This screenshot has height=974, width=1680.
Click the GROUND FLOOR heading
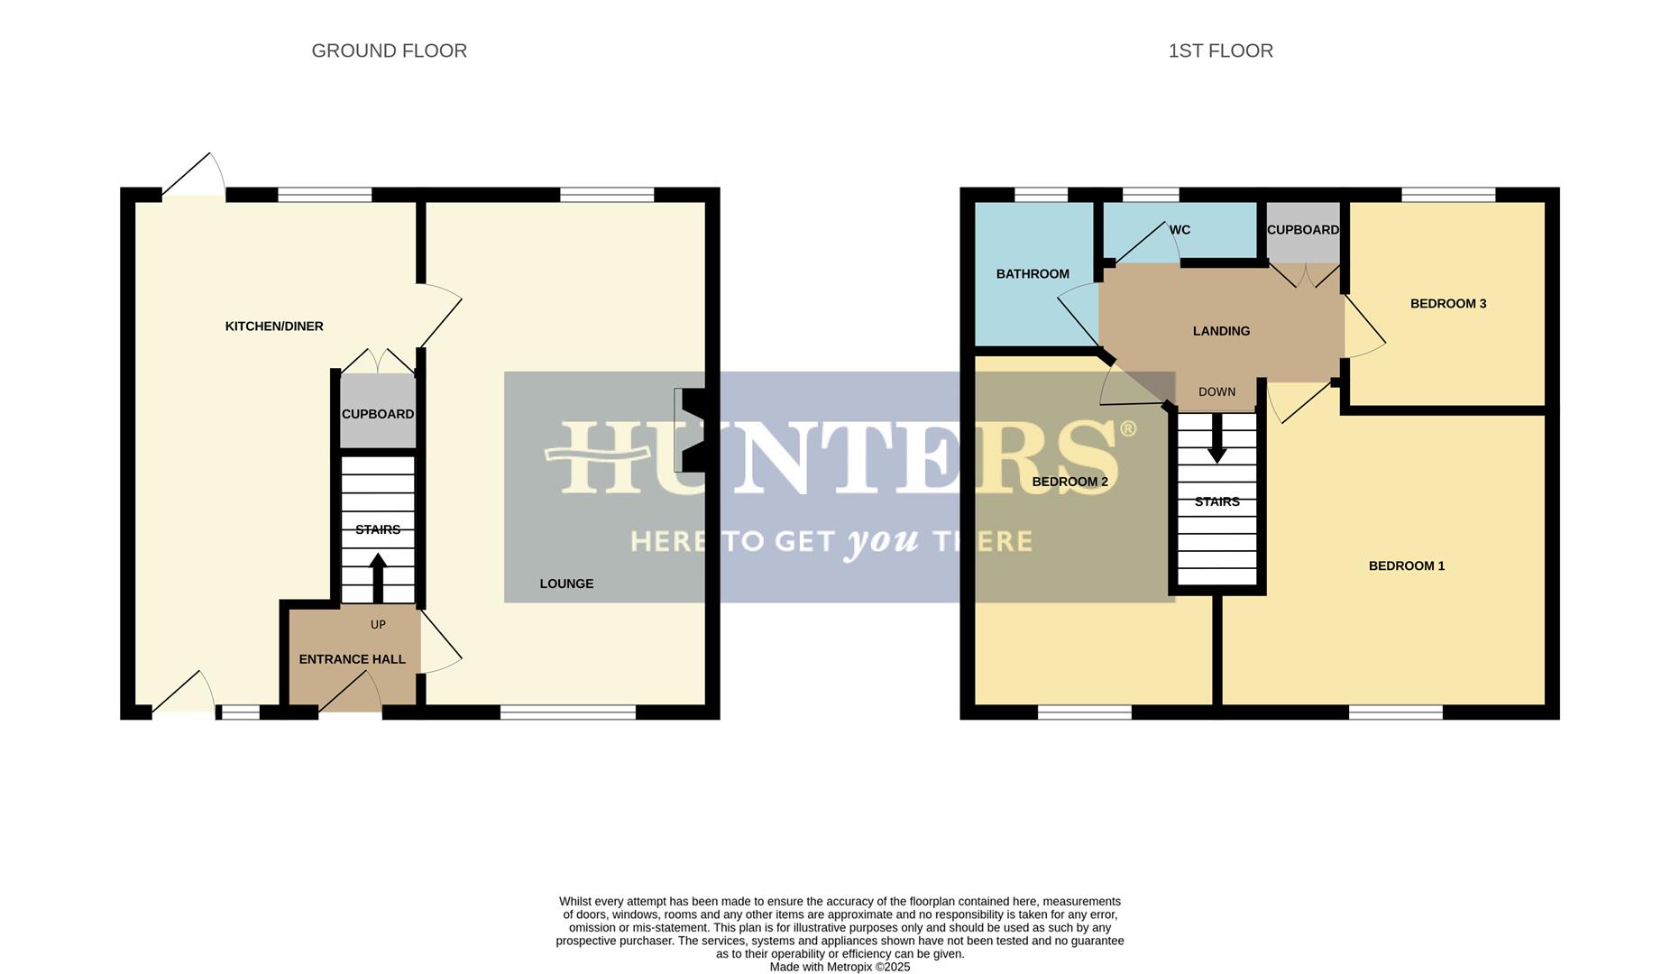pyautogui.click(x=389, y=51)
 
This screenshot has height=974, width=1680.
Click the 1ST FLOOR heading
pyautogui.click(x=1220, y=51)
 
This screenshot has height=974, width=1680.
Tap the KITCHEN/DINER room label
pyautogui.click(x=274, y=326)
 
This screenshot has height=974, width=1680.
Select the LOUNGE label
pyautogui.click(x=566, y=583)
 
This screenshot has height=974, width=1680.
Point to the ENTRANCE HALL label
pyautogui.click(x=352, y=659)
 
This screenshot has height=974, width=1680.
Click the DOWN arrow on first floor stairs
pyautogui.click(x=1216, y=442)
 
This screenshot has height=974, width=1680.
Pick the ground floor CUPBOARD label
pyautogui.click(x=378, y=414)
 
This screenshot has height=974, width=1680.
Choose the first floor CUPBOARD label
pyautogui.click(x=1302, y=230)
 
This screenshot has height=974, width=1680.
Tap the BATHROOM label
pyautogui.click(x=1033, y=274)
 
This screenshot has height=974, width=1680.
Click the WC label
pyautogui.click(x=1180, y=230)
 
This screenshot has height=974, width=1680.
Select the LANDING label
pyautogui.click(x=1221, y=331)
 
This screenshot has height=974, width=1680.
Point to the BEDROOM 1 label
pyautogui.click(x=1406, y=566)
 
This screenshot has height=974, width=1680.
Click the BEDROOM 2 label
pyautogui.click(x=1070, y=482)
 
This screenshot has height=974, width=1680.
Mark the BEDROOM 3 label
pyautogui.click(x=1447, y=304)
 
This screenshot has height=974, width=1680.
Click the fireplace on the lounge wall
pyautogui.click(x=691, y=430)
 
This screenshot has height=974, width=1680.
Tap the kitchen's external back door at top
pyautogui.click(x=193, y=180)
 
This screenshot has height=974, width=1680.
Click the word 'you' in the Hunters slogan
pyautogui.click(x=882, y=540)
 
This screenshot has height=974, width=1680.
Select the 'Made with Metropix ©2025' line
pyautogui.click(x=840, y=967)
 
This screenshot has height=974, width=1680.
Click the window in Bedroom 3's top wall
pyautogui.click(x=1448, y=194)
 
